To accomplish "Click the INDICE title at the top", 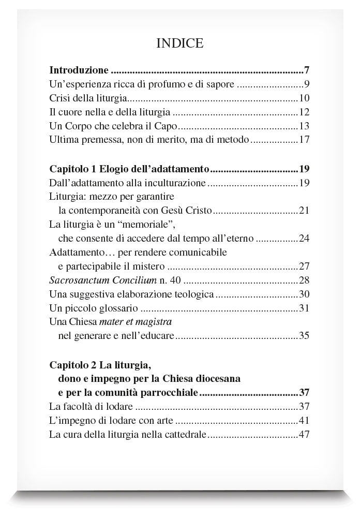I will [x=179, y=43].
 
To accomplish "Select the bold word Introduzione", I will [x=79, y=70].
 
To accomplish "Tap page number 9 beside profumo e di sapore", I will [x=306, y=84].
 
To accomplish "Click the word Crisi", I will [x=59, y=98].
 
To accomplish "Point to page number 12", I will [x=304, y=112].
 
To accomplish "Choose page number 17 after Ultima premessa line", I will [x=304, y=140].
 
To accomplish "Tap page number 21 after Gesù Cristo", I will [x=304, y=210].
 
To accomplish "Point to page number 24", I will [x=304, y=239].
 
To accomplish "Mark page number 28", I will [x=304, y=280].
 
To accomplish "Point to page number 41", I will [x=304, y=420].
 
